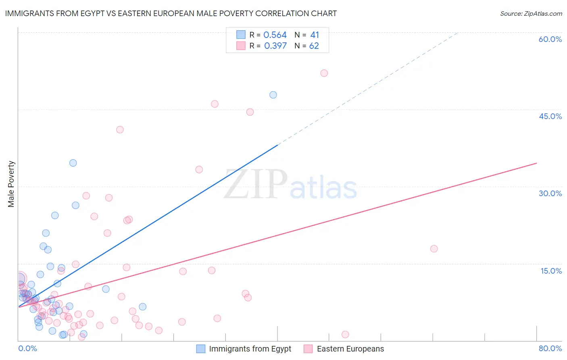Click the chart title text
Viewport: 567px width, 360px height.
(171, 13)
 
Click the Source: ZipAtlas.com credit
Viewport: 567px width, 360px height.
(531, 14)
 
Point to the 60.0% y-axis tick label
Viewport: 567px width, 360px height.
(550, 39)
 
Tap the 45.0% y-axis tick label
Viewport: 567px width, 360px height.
(550, 116)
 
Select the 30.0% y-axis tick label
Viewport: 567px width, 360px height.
(550, 193)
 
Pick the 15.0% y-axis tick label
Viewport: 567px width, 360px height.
(551, 271)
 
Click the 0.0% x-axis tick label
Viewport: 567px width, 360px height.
(27, 348)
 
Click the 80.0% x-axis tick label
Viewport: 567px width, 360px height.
(550, 348)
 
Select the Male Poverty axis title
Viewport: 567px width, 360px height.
(11, 184)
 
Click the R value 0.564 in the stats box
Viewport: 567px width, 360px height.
(275, 35)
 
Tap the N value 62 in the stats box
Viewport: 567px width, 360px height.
(314, 46)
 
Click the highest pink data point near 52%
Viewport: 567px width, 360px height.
(324, 73)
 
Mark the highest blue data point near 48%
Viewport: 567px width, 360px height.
(273, 95)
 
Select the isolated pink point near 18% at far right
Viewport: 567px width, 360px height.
(434, 249)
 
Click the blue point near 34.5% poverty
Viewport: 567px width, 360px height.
(73, 163)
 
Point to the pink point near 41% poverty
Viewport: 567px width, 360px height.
(120, 130)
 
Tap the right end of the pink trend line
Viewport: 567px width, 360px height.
(536, 163)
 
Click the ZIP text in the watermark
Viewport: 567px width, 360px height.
(256, 184)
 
